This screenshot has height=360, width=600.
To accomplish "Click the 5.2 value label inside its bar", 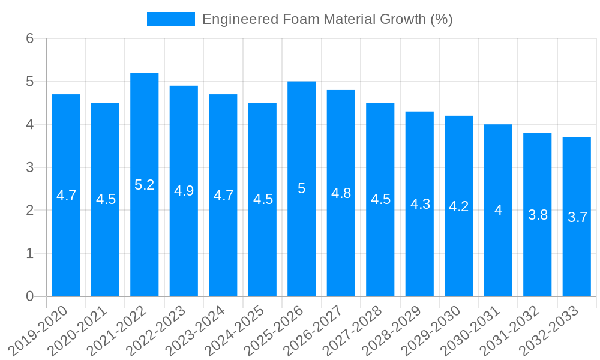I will pos(145,185).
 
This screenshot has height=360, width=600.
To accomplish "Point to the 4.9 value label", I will pos(184,191).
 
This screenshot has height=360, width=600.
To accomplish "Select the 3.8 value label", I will pos(538,215).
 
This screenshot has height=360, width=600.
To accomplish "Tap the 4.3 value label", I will pos(420,204).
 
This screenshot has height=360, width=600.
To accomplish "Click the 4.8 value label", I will pos(341,193).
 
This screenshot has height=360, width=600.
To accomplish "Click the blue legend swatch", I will pos(171,19).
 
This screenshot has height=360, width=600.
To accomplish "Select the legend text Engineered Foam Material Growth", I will pos(327,19).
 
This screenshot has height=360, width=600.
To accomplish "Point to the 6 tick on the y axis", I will pos(30,39).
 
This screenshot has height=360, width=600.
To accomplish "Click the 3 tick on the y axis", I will pos(30,167).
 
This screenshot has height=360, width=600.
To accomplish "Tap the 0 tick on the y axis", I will pos(30,296).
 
